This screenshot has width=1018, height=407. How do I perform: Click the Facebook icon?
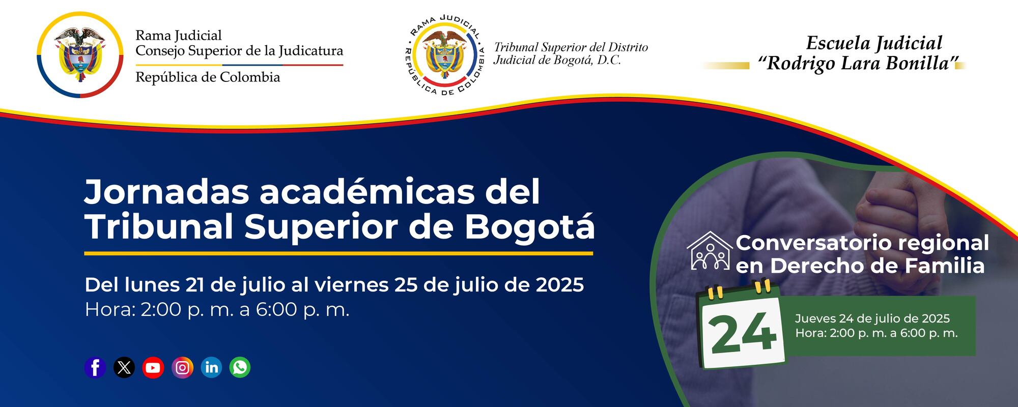(x=95, y=367)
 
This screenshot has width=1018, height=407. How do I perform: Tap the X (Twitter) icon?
(x=124, y=367)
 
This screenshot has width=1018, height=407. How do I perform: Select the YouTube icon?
(x=153, y=367)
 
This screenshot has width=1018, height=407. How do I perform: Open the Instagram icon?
(x=182, y=367)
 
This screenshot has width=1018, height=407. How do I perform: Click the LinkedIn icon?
(x=211, y=367)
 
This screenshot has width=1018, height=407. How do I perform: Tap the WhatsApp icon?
(x=240, y=367)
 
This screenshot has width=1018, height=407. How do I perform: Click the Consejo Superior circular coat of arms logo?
(x=80, y=54)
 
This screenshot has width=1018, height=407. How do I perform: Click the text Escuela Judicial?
(x=874, y=43)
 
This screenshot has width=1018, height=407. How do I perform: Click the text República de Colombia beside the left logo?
(x=208, y=77)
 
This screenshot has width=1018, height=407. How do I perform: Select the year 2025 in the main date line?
(x=559, y=285)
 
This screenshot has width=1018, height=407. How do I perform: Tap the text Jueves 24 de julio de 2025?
(x=872, y=318)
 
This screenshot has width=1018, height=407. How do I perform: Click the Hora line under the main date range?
(x=217, y=309)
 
